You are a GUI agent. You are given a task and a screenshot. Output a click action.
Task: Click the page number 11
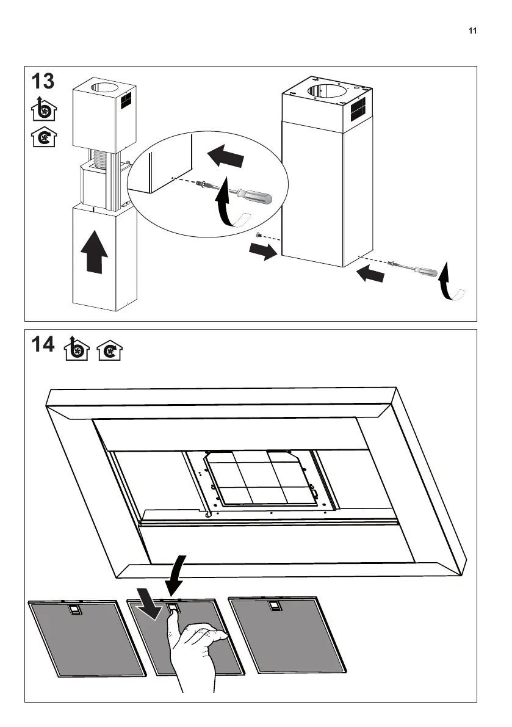472,32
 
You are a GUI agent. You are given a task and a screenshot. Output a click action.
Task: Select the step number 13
43,82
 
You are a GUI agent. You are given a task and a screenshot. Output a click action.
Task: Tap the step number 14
43,345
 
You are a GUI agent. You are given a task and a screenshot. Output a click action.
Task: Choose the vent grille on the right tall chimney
359,109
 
